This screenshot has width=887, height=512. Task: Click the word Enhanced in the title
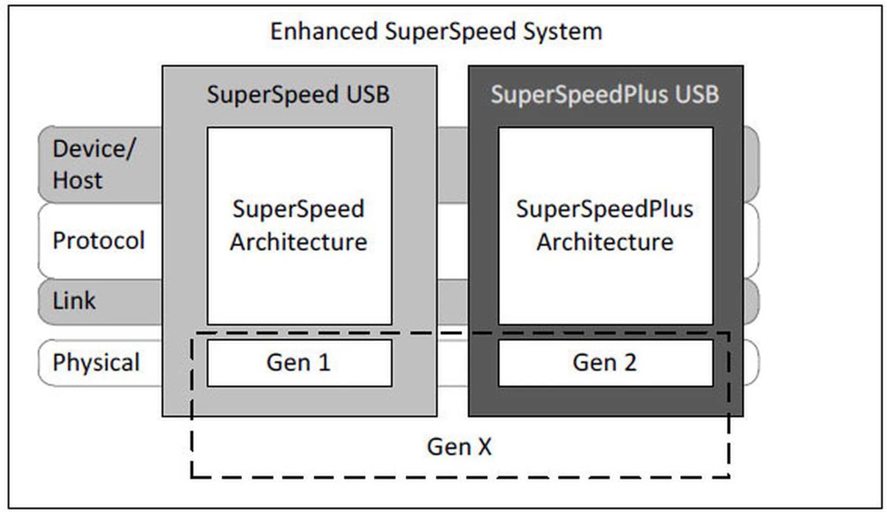coord(324,32)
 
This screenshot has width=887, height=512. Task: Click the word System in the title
coord(562,32)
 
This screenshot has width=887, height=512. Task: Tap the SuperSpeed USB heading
coord(298,95)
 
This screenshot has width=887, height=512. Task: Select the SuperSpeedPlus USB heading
coord(605,95)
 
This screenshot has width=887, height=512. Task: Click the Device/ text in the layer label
coord(94,149)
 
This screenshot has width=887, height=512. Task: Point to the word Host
coord(77,180)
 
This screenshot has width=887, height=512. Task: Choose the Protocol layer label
coord(98,241)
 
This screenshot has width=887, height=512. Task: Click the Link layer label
coord(74,301)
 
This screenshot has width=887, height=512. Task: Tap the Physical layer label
coord(96,362)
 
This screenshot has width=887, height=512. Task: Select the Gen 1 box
coord(299,363)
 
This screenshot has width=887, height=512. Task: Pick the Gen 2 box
coord(605,363)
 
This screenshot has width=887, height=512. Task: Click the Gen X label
coord(459,447)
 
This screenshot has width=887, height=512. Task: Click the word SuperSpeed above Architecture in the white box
coord(298,209)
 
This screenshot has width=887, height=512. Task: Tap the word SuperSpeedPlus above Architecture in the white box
coord(605,209)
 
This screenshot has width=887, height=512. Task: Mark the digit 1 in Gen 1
coord(325,363)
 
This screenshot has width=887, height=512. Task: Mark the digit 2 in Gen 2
coord(630,363)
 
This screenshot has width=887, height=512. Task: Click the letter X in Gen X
coord(485,447)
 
